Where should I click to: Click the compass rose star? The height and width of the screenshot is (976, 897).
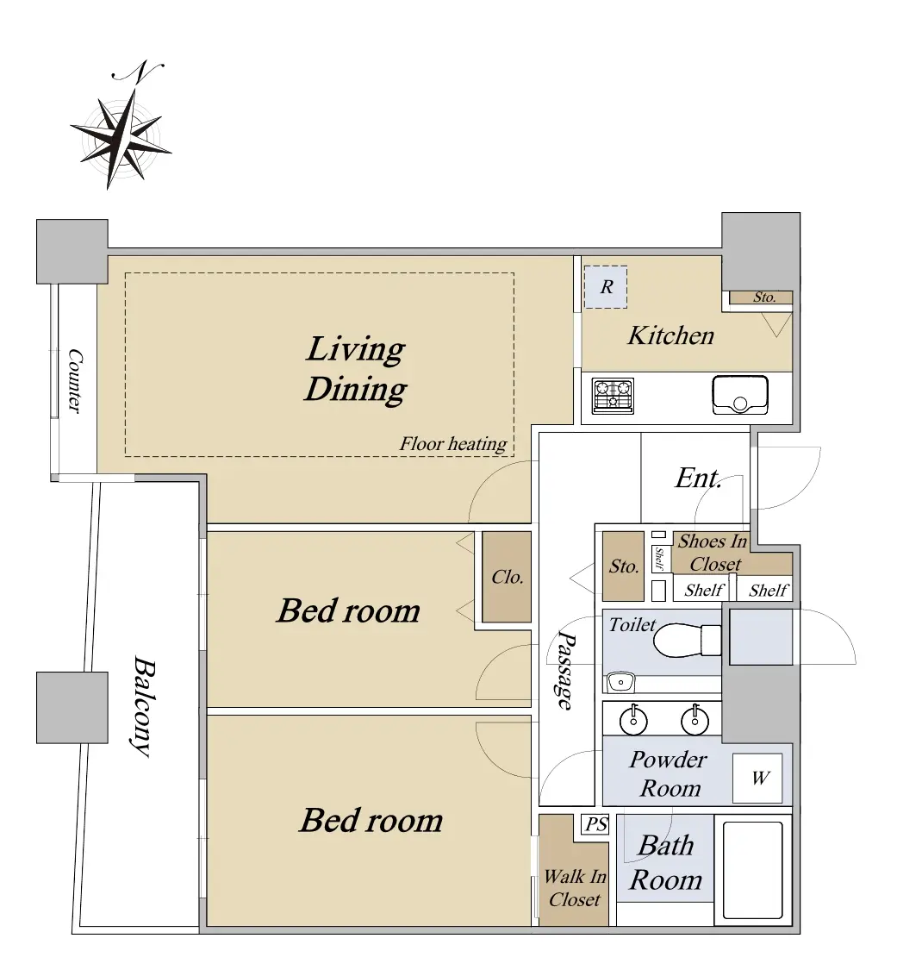tap(121, 138)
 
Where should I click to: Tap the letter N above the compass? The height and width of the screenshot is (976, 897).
tap(138, 71)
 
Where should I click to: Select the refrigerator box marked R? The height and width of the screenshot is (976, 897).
tap(605, 287)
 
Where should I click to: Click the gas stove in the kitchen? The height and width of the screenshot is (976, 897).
tap(613, 396)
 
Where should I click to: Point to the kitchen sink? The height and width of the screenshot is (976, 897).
tap(739, 395)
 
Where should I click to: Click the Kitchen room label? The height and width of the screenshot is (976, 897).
tap(670, 335)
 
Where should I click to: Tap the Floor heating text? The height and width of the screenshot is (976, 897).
tap(453, 444)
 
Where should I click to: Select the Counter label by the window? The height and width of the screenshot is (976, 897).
tap(75, 380)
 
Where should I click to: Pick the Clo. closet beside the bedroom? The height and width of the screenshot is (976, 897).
tap(507, 577)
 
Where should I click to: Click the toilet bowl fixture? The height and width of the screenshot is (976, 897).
tap(687, 641)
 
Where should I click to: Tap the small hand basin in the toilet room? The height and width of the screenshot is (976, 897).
tap(620, 682)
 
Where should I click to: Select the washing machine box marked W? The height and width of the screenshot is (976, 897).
tap(757, 778)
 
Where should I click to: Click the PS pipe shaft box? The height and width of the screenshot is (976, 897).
tap(595, 825)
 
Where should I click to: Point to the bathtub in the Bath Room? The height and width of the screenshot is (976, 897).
tap(753, 870)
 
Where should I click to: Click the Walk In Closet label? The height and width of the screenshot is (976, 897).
tap(575, 888)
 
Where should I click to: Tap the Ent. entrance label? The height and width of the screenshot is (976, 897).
tap(698, 478)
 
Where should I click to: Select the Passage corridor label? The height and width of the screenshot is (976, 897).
tap(565, 671)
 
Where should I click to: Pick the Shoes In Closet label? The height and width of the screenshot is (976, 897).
tap(713, 553)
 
